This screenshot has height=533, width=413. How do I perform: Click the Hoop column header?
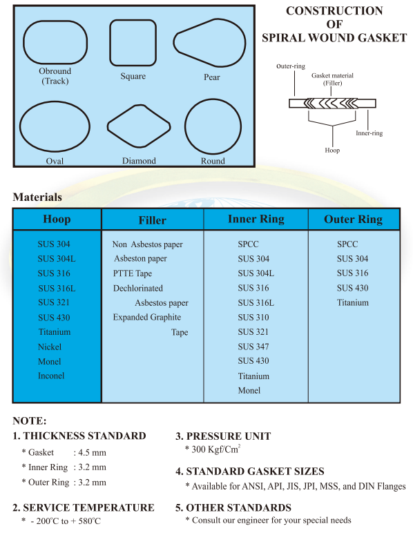click(x=57, y=220)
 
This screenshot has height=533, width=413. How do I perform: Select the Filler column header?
click(x=152, y=220)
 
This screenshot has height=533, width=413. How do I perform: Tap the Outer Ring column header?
click(x=353, y=220)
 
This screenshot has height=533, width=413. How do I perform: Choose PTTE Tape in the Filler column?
click(x=133, y=273)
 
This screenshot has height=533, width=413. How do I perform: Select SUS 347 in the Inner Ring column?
click(x=253, y=347)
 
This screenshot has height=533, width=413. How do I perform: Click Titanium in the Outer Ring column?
click(x=353, y=302)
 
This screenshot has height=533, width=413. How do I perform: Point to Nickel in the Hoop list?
click(x=49, y=347)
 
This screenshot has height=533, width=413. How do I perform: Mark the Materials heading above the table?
click(x=37, y=197)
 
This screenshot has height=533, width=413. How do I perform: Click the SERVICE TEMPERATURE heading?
click(x=84, y=507)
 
